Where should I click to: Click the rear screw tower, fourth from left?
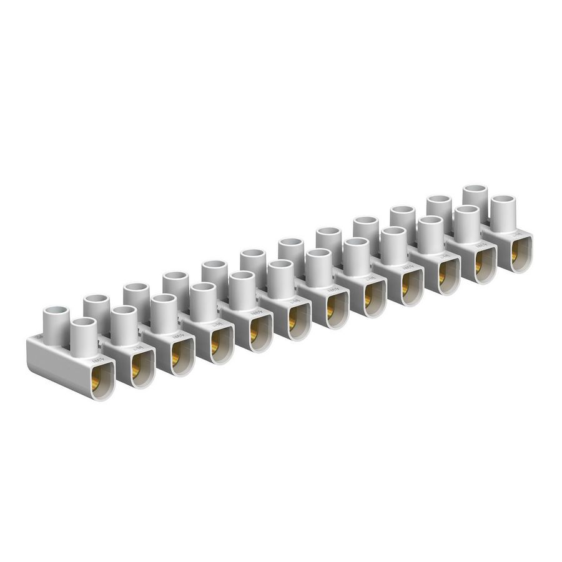point(176,285)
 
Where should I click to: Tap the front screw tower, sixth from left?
point(280,277)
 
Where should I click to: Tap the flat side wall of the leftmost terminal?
point(56,362)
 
